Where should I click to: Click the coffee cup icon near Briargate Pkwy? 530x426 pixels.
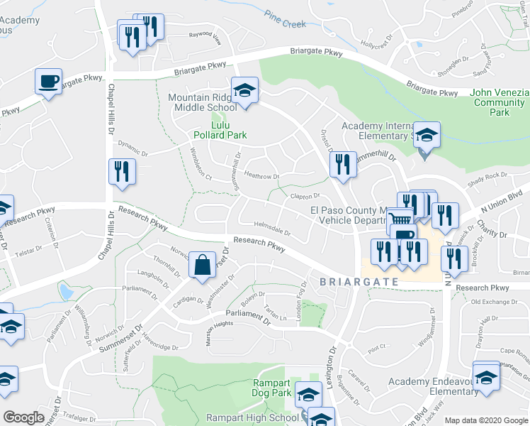48,82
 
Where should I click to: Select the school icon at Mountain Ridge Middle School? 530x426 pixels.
244,91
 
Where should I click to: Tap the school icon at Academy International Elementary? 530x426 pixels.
427,135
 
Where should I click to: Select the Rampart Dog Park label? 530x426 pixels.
272,388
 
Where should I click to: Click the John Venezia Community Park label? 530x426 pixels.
500,102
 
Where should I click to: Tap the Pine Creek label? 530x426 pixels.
285,19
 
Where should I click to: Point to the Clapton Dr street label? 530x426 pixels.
305,196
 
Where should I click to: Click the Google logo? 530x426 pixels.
24,417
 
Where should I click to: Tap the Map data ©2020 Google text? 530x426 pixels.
485,420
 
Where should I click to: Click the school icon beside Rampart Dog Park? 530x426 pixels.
308,395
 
